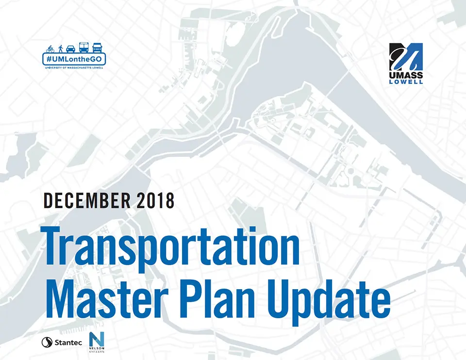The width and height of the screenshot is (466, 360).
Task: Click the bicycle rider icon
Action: [x=50, y=48]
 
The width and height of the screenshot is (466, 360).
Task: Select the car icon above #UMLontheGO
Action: [x=70, y=48]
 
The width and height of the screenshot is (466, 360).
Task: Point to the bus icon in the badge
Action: [x=83, y=47]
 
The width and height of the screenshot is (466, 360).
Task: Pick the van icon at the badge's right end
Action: [x=98, y=47]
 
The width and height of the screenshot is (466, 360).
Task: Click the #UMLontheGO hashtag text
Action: [x=74, y=59]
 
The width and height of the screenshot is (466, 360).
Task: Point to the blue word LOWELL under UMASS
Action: [x=406, y=82]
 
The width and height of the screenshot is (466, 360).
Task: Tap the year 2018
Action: [x=155, y=200]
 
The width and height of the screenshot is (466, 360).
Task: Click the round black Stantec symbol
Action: [x=48, y=343]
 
